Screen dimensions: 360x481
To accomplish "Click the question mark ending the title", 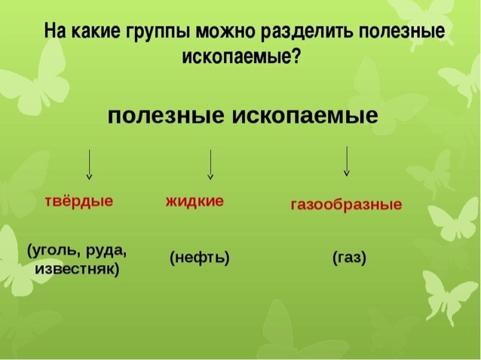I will [296, 57].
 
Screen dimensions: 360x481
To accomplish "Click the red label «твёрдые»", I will [79, 201].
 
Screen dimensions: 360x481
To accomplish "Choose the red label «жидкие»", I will [195, 201].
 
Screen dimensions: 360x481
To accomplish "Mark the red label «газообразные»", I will [347, 205].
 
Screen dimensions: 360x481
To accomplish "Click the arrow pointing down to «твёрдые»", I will [90, 164].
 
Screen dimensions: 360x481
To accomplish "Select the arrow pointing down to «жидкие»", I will [210, 164].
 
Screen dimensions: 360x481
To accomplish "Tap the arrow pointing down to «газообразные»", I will [346, 160].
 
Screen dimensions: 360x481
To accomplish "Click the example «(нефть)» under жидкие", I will [199, 258].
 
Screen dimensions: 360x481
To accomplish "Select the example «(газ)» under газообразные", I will [349, 258].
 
